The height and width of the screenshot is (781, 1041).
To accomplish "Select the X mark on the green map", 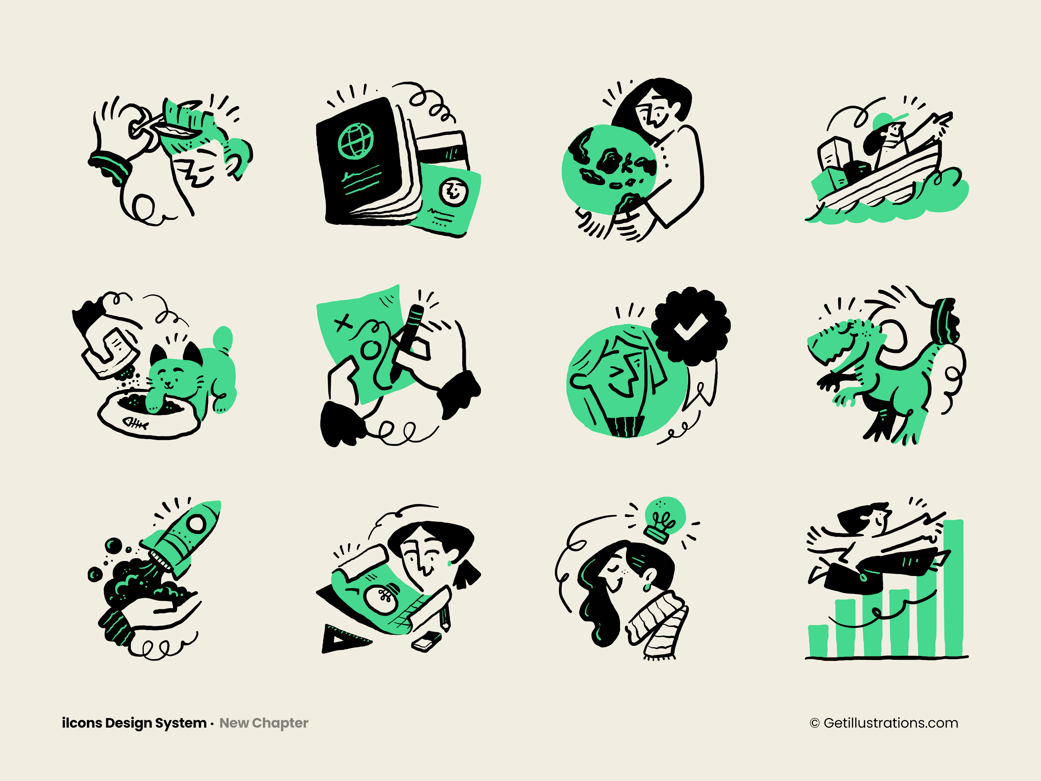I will [x=343, y=323].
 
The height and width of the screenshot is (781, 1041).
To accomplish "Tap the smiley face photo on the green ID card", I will [x=453, y=191].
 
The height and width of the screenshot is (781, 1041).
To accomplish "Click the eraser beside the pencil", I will [x=426, y=642].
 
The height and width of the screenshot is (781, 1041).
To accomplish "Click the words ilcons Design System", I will [x=134, y=723].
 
